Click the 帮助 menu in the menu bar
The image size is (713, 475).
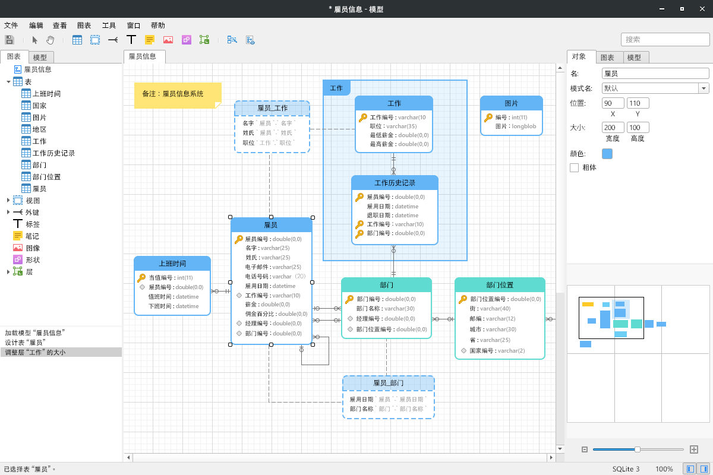[157, 26]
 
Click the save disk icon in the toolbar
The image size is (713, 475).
[10, 40]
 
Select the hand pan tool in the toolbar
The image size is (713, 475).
[50, 40]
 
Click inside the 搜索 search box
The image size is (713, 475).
[665, 39]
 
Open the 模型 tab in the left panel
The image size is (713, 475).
[40, 57]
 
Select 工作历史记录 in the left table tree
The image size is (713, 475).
[53, 153]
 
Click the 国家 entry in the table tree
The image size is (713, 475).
[39, 105]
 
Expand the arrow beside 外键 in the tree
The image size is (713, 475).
[8, 212]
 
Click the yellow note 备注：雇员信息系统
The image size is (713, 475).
[178, 96]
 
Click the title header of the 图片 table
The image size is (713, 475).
[511, 103]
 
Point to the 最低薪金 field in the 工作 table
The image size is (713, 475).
[399, 135]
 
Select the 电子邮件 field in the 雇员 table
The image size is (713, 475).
[273, 267]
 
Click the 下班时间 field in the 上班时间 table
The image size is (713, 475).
[173, 306]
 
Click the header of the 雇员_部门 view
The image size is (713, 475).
[389, 383]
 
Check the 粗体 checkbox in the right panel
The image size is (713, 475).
[574, 167]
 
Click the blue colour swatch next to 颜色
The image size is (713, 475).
[607, 154]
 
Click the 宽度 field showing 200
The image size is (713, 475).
[613, 128]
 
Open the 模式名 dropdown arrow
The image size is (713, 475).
[703, 88]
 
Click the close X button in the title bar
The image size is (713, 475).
[702, 9]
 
